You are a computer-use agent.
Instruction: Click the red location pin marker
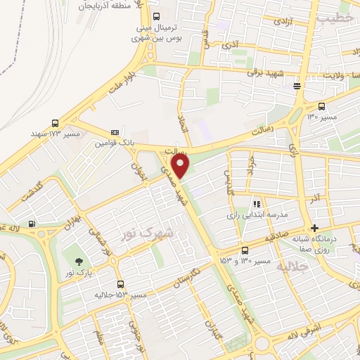coord(182,166)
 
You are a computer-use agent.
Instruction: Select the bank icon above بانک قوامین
coord(115,132)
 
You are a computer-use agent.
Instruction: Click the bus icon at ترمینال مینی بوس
coord(156,16)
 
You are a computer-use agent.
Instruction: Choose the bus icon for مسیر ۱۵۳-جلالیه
coord(122,284)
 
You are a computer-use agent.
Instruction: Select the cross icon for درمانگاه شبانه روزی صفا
coord(315,227)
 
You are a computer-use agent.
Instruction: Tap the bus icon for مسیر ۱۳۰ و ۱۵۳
coord(244,250)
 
